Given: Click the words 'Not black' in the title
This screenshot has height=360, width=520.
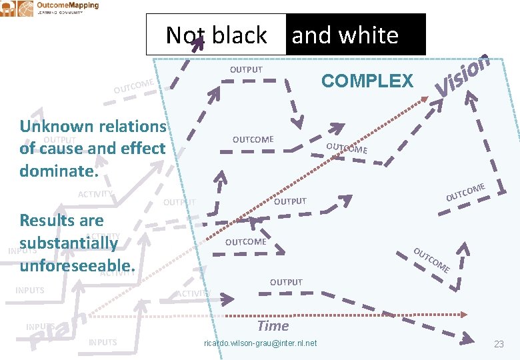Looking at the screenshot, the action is tap(216, 35).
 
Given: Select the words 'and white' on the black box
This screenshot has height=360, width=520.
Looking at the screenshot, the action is tap(345, 35).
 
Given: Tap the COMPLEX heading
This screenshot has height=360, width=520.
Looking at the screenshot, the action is tap(367, 81).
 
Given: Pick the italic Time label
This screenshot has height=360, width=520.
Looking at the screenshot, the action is tap(273, 326).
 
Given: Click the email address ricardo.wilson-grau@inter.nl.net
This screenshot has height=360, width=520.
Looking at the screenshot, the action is tap(259, 343).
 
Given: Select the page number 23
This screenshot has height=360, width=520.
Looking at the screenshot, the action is tap(498, 344).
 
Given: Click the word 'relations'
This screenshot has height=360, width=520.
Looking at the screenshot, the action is tap(132, 126).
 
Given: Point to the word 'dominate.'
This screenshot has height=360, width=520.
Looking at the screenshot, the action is tap(59, 170).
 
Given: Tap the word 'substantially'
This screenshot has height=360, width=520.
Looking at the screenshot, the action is tap(68, 243).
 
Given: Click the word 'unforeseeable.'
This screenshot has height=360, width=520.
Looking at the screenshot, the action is tap(77, 265).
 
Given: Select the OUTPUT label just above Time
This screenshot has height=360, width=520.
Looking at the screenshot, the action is tap(286, 283).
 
